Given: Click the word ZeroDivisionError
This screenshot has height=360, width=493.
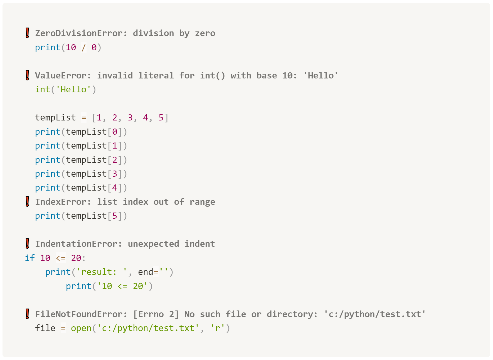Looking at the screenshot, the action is coord(79,33).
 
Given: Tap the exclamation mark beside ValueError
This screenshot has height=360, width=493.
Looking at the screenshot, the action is coord(27,75).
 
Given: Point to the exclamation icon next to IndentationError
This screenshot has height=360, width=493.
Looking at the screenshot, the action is coord(27,243).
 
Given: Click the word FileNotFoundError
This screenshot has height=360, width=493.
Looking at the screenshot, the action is coord(79,314).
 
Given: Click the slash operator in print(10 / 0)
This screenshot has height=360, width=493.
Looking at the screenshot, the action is coord(84,48).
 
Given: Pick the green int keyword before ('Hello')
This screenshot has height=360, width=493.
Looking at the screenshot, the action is coord(43,90).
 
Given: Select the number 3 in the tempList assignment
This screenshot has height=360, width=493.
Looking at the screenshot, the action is coord(130,118).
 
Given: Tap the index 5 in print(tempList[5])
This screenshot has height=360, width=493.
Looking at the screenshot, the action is coord(115,216).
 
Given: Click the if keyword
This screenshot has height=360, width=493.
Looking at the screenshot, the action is coord(30,258).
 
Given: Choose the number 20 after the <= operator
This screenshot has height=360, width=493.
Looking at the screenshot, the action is coord(76,258).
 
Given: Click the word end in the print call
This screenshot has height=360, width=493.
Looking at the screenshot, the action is coord(146,272).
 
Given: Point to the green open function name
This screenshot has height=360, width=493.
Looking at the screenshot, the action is coord(81,328).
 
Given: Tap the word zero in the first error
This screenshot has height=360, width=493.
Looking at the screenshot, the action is coord(205,33).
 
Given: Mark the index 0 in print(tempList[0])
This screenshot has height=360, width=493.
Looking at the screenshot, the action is coord(115,132).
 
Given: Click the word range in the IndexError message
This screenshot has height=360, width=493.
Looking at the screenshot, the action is coord(202,202).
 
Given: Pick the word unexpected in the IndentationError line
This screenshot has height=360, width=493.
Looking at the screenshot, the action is coord(153,244).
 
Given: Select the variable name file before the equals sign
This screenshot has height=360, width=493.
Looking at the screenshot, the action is coord(45,328).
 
